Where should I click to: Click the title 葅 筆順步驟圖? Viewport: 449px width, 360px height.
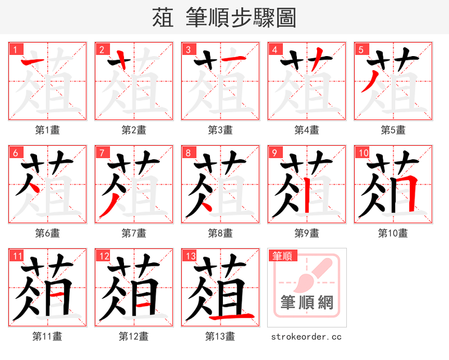[x=224, y=17]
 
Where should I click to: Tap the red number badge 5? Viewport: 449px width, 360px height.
[x=361, y=49]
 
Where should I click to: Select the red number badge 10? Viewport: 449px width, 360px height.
[x=362, y=152]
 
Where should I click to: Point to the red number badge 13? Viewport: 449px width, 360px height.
[x=189, y=256]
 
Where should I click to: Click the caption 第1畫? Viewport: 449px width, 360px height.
[x=48, y=130]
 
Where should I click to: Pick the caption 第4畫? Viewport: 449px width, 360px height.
[x=307, y=130]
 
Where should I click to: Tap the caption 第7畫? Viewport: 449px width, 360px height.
[x=134, y=233]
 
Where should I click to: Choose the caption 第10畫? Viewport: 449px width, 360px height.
[x=393, y=233]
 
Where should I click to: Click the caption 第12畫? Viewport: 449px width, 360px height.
[x=134, y=336]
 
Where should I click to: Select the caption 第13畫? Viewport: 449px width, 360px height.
[x=221, y=336]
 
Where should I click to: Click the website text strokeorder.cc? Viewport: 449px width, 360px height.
[x=306, y=336]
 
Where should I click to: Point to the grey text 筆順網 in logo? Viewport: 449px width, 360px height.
[x=307, y=303]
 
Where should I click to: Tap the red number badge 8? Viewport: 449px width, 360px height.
[x=188, y=152]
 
